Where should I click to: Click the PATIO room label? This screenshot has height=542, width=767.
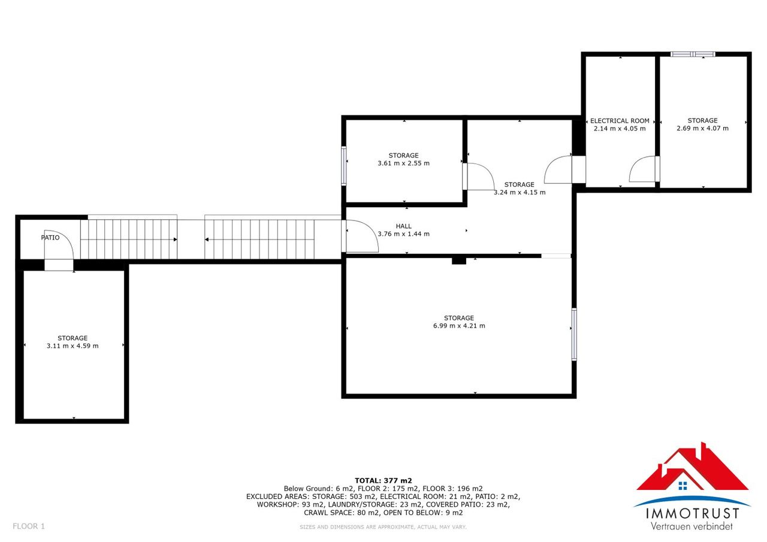pyautogui.click(x=50, y=238)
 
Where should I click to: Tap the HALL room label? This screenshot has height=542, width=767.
pyautogui.click(x=404, y=226)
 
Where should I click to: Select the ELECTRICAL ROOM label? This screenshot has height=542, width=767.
pyautogui.click(x=620, y=121)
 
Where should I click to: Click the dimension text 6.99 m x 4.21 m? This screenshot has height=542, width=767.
pyautogui.click(x=459, y=326)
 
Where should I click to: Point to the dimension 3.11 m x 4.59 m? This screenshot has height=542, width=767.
pyautogui.click(x=73, y=346)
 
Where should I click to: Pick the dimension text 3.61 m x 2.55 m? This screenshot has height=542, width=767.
pyautogui.click(x=404, y=163)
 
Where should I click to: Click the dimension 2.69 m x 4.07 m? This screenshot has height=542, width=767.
pyautogui.click(x=703, y=128)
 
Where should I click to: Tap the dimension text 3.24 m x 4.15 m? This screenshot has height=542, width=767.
pyautogui.click(x=520, y=192)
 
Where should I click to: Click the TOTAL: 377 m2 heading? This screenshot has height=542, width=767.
pyautogui.click(x=383, y=480)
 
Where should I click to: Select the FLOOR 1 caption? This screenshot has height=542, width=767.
pyautogui.click(x=29, y=526)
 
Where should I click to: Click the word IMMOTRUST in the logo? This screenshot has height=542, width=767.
pyautogui.click(x=692, y=514)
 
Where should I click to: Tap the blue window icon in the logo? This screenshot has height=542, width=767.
pyautogui.click(x=683, y=486)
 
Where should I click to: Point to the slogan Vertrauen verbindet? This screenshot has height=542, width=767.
pyautogui.click(x=691, y=526)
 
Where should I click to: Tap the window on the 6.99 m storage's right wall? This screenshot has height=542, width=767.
pyautogui.click(x=574, y=334)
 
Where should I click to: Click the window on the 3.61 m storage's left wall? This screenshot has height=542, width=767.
pyautogui.click(x=344, y=166)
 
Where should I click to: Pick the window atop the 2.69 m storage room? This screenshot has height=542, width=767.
pyautogui.click(x=693, y=54)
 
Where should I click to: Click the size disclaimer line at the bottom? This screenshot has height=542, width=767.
pyautogui.click(x=383, y=527)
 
